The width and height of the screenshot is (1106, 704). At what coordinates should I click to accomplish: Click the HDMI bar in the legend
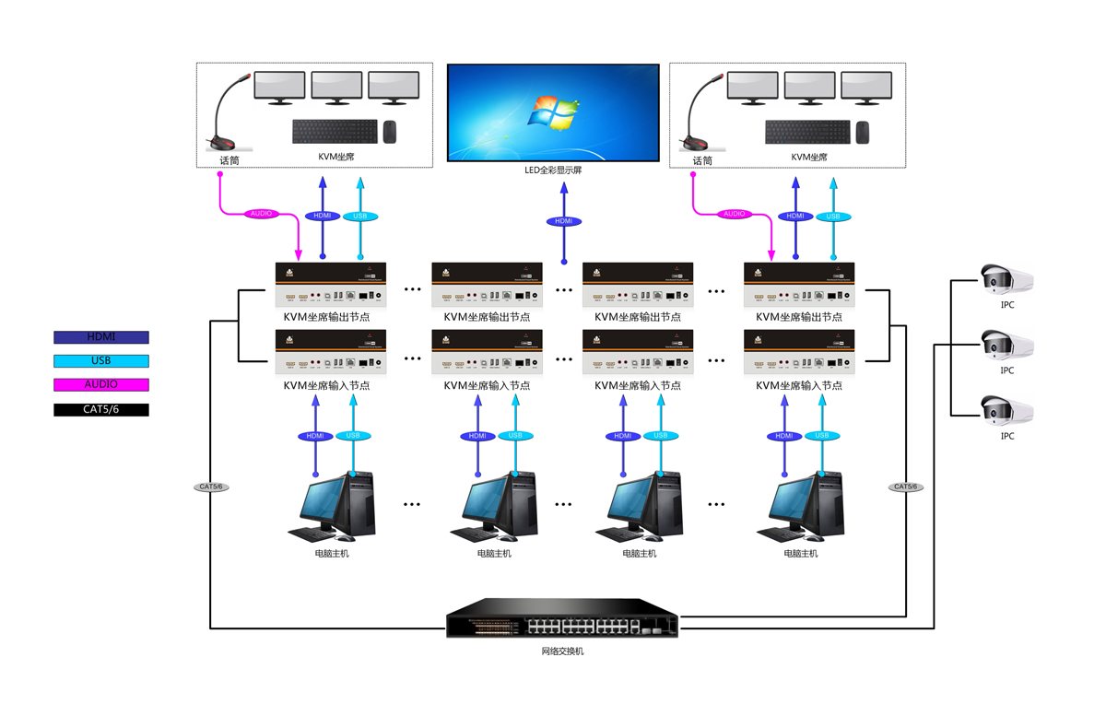[101, 337]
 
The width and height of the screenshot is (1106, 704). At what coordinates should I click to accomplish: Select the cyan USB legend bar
[101, 361]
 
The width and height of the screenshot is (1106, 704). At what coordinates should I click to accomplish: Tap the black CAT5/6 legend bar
[101, 409]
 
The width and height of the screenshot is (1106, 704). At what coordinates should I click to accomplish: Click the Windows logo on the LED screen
[552, 114]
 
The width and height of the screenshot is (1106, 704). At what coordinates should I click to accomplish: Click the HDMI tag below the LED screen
[563, 221]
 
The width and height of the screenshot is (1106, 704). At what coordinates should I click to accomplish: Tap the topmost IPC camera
[1006, 279]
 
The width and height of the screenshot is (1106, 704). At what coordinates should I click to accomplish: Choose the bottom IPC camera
[1006, 411]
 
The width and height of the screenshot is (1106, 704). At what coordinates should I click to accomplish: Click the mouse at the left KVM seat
[389, 132]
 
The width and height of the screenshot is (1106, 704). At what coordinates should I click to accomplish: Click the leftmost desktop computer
[332, 507]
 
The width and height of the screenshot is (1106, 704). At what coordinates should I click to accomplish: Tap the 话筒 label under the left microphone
[229, 159]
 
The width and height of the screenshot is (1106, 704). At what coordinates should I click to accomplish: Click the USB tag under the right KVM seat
[832, 217]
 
